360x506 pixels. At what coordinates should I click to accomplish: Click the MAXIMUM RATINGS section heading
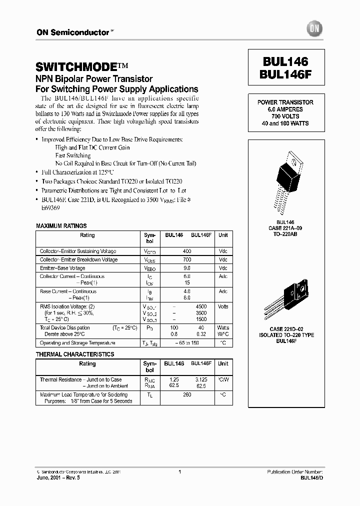pyautogui.click(x=61, y=226)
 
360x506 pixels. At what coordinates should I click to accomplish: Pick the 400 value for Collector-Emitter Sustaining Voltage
pyautogui.click(x=187, y=251)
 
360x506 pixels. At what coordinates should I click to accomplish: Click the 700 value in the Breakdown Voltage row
pyautogui.click(x=187, y=260)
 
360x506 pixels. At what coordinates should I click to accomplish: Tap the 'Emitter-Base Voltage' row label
pyautogui.click(x=62, y=268)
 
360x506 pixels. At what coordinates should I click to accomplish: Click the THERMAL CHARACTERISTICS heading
pyautogui.click(x=75, y=354)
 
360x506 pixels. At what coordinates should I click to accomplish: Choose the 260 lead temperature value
pyautogui.click(x=187, y=395)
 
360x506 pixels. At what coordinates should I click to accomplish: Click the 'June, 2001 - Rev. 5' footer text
pyautogui.click(x=58, y=478)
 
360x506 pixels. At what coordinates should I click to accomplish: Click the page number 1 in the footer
pyautogui.click(x=179, y=471)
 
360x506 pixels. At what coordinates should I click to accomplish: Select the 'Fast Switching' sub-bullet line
pyautogui.click(x=73, y=155)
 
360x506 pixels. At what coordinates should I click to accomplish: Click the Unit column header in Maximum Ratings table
pyautogui.click(x=223, y=235)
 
